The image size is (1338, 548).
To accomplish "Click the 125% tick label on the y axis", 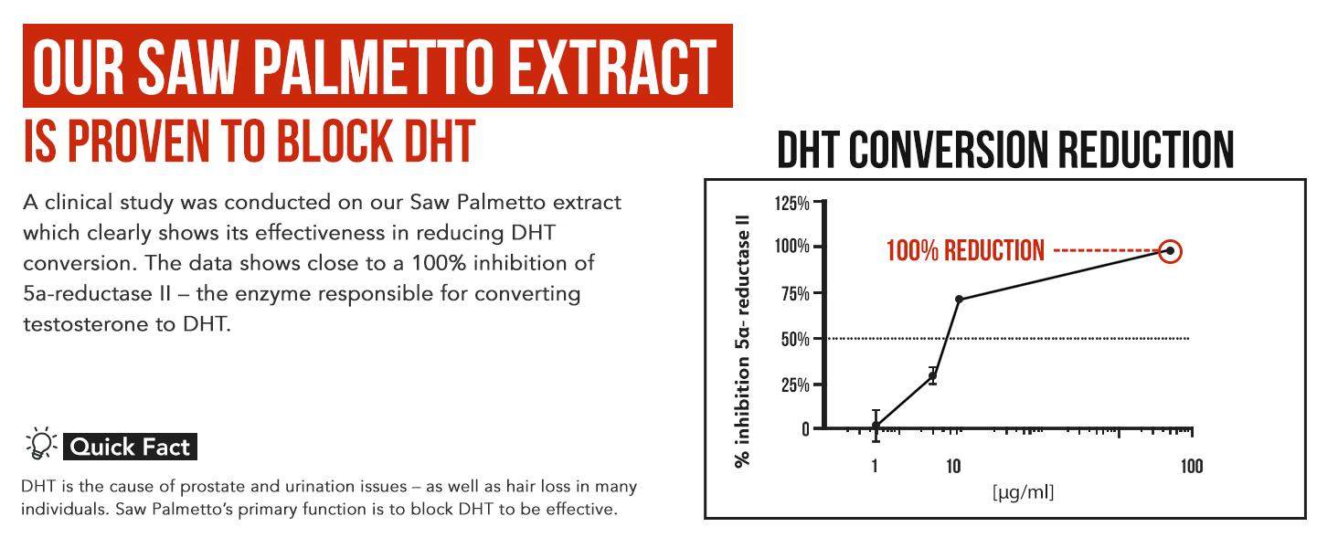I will point(791,203).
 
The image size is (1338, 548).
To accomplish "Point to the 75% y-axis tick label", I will point(794,293).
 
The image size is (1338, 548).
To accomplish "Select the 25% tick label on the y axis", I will point(793,385).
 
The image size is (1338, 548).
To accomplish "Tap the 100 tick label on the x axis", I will point(1191,467).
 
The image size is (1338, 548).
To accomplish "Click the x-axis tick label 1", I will point(875,467).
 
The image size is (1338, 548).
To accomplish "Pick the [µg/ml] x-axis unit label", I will point(1023,494).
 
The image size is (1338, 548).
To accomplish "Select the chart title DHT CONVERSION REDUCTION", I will point(1005,150).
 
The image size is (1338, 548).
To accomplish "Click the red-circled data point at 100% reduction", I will point(1170,251).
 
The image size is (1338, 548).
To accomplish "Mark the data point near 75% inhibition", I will point(959,300).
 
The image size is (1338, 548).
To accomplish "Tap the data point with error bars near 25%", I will point(932,375).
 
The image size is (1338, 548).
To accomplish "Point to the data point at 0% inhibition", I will point(876,426).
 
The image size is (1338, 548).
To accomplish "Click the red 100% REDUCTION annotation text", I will point(965,251).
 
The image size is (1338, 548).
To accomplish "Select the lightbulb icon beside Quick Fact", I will point(41,445).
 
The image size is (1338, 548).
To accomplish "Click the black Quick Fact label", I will point(130,447).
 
